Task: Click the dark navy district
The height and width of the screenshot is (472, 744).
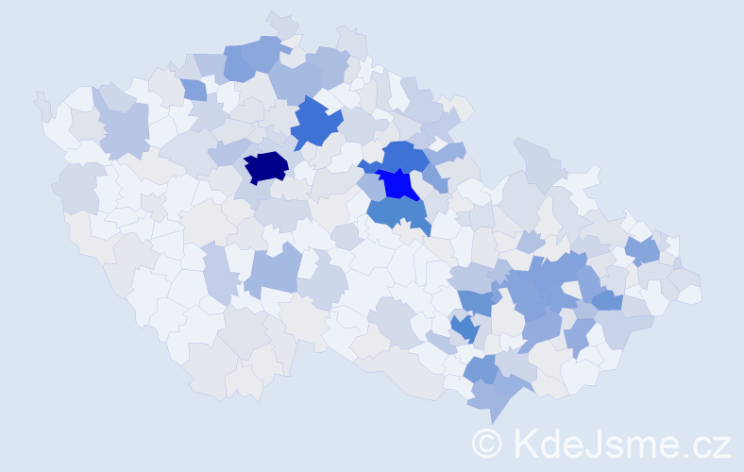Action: [265, 167]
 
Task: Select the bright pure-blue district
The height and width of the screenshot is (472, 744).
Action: [400, 184]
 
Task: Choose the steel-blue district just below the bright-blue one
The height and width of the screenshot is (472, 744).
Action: [397, 212]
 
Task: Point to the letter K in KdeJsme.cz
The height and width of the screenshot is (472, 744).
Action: [525, 443]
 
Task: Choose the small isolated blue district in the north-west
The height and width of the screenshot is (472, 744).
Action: [194, 90]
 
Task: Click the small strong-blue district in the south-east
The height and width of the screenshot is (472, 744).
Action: [464, 328]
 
